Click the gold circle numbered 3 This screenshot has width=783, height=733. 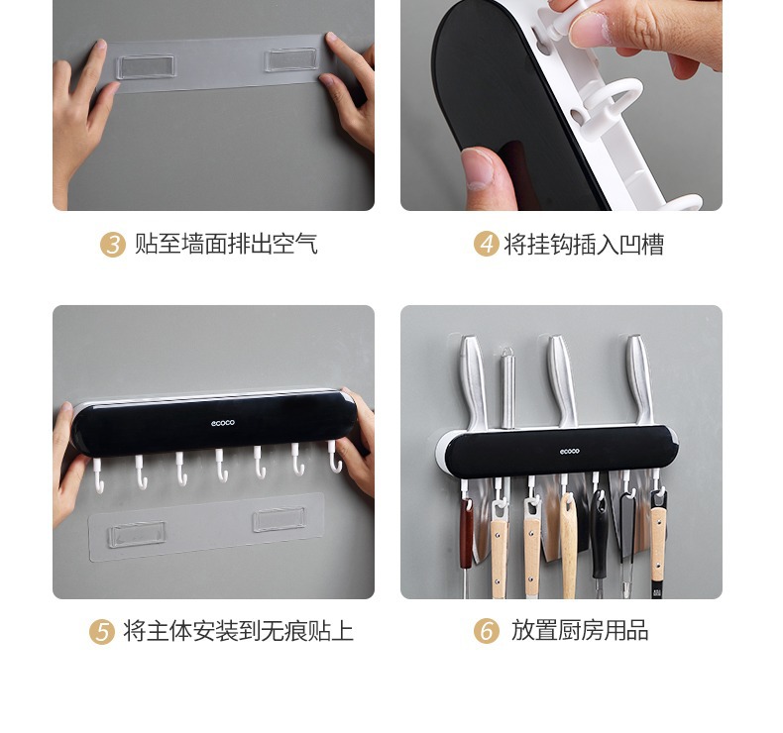[113, 245]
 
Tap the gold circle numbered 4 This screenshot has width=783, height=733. [486, 244]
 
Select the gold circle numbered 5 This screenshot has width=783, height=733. [102, 631]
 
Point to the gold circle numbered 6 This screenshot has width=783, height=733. [486, 631]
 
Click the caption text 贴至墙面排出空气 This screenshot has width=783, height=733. [226, 244]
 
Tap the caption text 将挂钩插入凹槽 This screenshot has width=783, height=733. [584, 244]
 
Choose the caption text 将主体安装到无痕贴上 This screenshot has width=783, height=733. [238, 631]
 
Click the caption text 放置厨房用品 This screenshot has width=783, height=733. [580, 630]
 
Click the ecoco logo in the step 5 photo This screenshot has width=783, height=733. [223, 423]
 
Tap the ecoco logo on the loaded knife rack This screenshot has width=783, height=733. [569, 452]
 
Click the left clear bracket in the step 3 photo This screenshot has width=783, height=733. [146, 66]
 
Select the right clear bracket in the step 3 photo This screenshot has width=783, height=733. [291, 59]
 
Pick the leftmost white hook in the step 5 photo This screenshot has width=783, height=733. [98, 475]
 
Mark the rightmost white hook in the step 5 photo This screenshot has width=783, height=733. [335, 456]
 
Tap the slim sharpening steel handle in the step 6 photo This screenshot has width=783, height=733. [507, 387]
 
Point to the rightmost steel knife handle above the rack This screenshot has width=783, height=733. [639, 379]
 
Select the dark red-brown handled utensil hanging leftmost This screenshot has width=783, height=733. [467, 533]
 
